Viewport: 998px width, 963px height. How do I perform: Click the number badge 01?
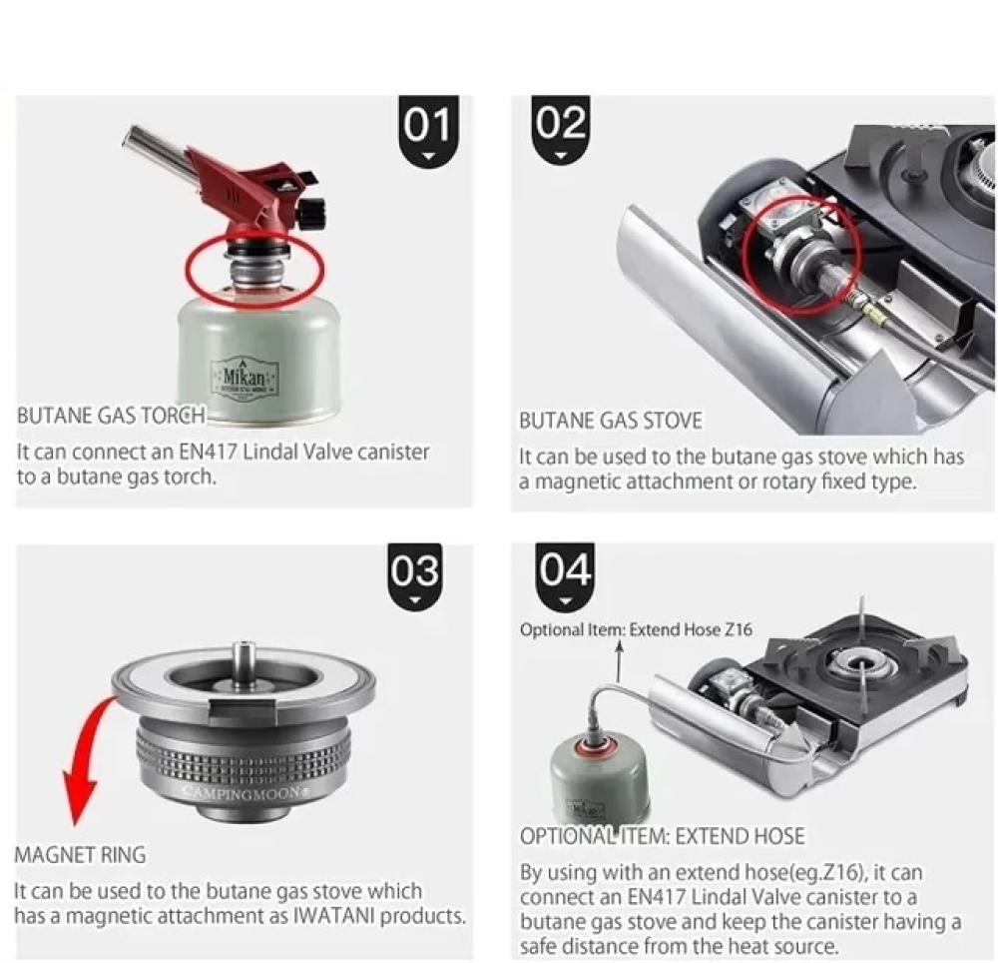[429, 131]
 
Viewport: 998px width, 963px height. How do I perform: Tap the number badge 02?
[561, 131]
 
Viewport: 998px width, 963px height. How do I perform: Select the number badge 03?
[415, 576]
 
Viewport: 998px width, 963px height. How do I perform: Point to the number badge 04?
[565, 576]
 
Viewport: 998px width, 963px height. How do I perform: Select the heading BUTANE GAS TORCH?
[112, 416]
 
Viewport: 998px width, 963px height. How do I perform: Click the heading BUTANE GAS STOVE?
[611, 421]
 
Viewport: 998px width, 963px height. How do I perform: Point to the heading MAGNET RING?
[80, 855]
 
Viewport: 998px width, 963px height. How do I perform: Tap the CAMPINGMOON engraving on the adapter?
[247, 793]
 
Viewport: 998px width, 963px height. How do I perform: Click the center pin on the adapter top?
[244, 662]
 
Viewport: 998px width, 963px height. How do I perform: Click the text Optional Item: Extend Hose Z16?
[636, 630]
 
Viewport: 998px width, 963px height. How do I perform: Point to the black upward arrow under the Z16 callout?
[619, 663]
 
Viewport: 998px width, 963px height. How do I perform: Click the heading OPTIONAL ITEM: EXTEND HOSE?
[662, 836]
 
